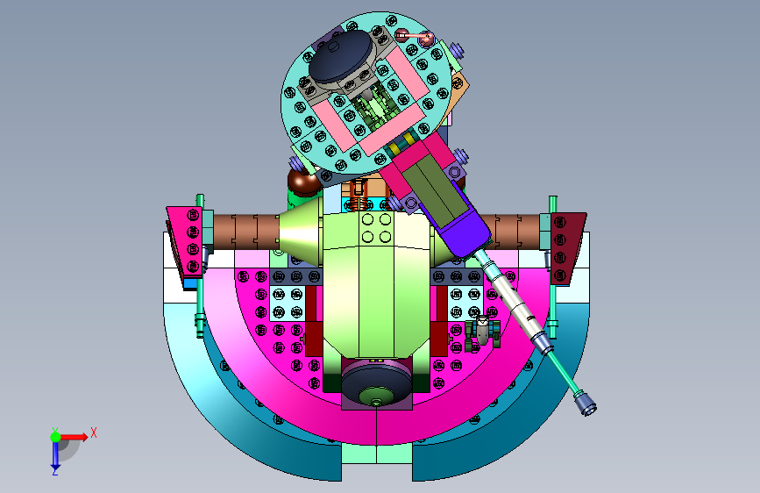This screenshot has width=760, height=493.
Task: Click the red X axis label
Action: coord(94,432)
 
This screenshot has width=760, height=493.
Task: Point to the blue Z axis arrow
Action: coord(55,454)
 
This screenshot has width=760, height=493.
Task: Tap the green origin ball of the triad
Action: coord(55,437)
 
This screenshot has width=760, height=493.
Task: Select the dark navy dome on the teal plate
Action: coord(341,55)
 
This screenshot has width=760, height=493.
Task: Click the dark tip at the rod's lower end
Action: coord(586,404)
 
